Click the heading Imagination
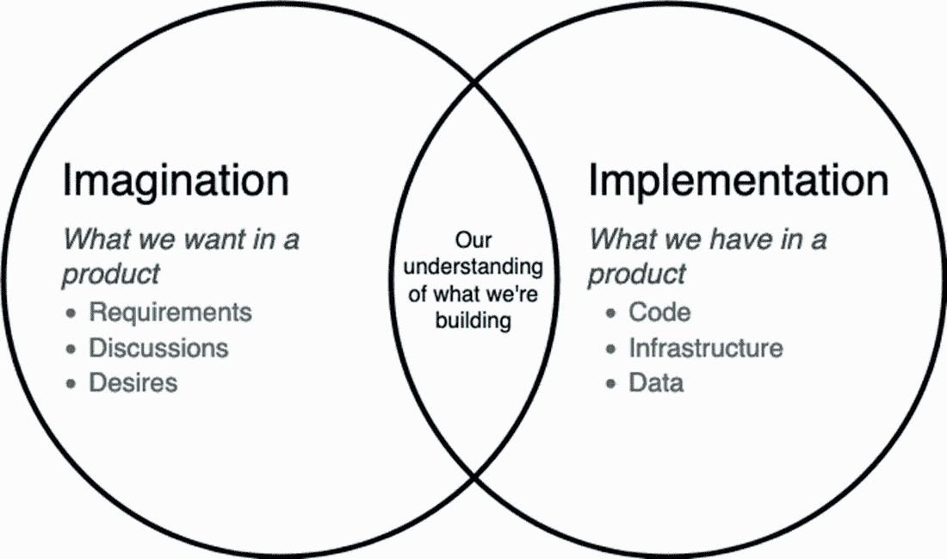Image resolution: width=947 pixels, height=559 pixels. pos(176,182)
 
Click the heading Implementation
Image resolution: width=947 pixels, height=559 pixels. pos(738,182)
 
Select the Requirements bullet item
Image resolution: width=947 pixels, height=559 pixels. pos(170,312)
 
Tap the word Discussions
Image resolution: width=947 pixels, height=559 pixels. pos(159,347)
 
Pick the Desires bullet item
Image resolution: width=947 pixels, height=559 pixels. pos(133,382)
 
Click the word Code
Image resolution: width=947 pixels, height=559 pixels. pos(659,312)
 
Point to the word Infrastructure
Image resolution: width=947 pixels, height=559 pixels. pos(706,347)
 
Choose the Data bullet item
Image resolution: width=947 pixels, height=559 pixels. pos(656,382)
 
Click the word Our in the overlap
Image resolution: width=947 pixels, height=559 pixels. pos(473,239)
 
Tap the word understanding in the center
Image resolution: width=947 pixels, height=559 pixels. pos(473,266)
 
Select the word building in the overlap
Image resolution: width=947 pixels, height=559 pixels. pos(473,320)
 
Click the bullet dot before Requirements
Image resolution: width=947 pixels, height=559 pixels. pos(71,313)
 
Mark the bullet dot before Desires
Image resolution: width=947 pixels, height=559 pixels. pos(71,382)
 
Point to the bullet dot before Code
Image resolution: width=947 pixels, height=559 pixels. pos(610,313)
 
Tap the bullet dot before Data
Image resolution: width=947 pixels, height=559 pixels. pos(610,382)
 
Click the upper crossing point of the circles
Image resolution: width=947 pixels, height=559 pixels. pos(473,84)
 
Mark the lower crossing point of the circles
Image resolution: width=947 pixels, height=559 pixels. pos(473,475)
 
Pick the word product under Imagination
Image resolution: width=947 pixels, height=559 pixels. pos(111,273)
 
